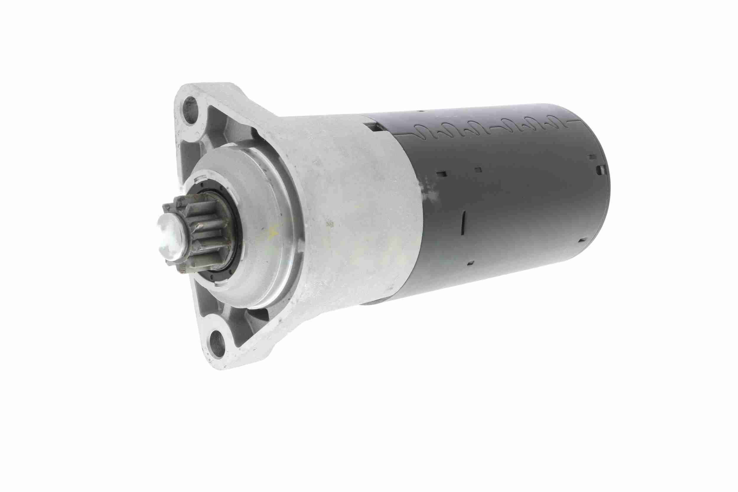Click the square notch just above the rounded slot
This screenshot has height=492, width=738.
(x=592, y=156)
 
